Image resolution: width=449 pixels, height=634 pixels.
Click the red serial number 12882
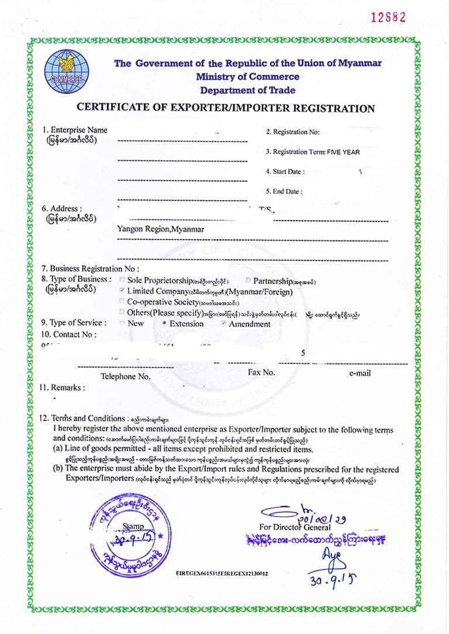(388, 18)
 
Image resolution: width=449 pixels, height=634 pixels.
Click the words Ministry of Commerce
(247, 77)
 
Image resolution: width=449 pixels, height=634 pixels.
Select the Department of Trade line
(247, 90)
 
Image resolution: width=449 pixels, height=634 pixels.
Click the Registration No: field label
(292, 133)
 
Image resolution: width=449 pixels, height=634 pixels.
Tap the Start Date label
(285, 172)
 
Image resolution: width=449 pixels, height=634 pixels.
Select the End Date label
(284, 191)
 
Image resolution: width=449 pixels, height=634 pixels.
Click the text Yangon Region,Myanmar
(161, 229)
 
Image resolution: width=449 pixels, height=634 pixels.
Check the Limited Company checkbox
(122, 290)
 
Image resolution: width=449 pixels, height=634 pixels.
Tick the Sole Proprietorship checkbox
(122, 280)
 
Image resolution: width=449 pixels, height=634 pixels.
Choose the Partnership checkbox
(248, 280)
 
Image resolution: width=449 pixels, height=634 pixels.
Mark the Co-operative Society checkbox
(122, 301)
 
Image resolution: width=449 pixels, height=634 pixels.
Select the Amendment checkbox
(223, 323)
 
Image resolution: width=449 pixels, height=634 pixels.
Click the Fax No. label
(261, 372)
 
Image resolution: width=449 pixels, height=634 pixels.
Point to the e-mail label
(360, 373)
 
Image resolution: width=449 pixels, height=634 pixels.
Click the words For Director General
(295, 527)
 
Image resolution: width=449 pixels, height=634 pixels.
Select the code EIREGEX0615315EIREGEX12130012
(222, 573)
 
